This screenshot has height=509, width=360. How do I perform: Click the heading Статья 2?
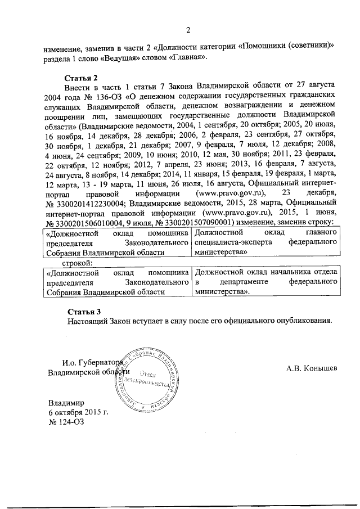coord(83,76)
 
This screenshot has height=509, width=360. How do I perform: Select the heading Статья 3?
coord(83,312)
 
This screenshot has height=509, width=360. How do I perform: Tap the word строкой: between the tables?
coord(80,262)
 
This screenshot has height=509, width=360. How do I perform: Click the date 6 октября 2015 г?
coord(78,413)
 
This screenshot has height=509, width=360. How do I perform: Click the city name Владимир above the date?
coord(66,403)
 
